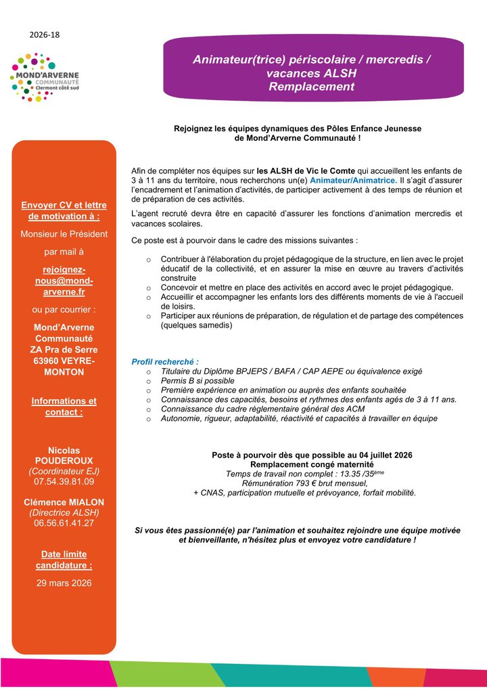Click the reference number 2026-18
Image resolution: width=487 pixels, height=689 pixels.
[45, 33]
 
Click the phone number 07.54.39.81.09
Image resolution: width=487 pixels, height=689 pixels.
[64, 481]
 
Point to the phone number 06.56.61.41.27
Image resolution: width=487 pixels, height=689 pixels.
[64, 523]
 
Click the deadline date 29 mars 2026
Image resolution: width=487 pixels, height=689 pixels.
[64, 583]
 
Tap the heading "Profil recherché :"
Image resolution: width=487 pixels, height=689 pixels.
[165, 362]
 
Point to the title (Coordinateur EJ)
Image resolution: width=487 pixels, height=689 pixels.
[64, 470]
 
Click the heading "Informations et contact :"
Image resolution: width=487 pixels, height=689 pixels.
[64, 406]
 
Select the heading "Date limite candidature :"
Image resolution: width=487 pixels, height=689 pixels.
[64, 560]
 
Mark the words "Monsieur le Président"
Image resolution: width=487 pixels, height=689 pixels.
[64, 234]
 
